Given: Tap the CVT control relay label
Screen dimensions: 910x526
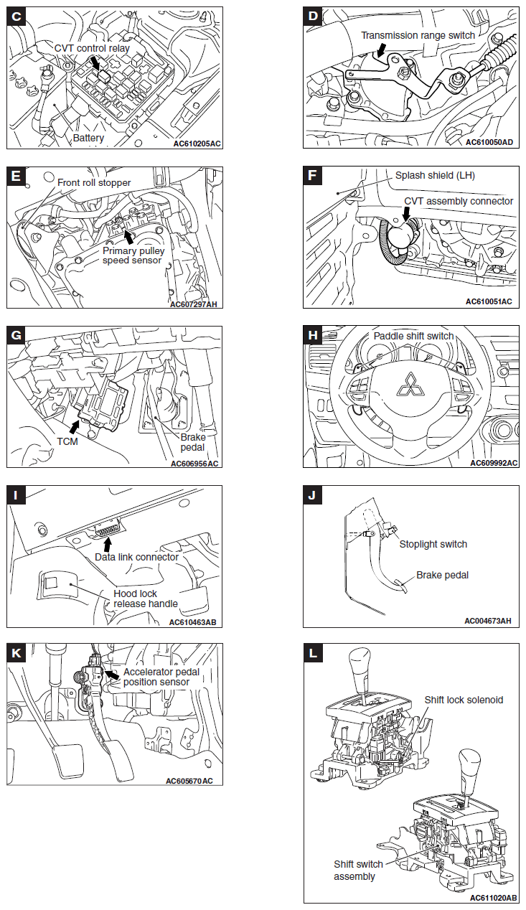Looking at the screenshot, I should (x=92, y=47).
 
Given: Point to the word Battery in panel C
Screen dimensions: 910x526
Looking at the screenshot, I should (x=88, y=137).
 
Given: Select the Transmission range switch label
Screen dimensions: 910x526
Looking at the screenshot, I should (x=417, y=35).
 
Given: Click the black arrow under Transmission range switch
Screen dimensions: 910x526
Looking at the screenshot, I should (x=382, y=48).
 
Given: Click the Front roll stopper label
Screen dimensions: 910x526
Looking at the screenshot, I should (x=95, y=182).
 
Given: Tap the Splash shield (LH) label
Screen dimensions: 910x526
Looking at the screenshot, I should (x=435, y=176).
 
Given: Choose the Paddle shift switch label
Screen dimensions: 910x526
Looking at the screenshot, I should (x=413, y=336).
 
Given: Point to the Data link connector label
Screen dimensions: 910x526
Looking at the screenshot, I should (x=136, y=557).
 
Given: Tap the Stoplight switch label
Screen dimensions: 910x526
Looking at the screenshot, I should (x=433, y=544).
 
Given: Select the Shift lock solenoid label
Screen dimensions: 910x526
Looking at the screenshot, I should (x=464, y=700).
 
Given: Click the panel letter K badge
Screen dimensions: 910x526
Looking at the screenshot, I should (x=17, y=652).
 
